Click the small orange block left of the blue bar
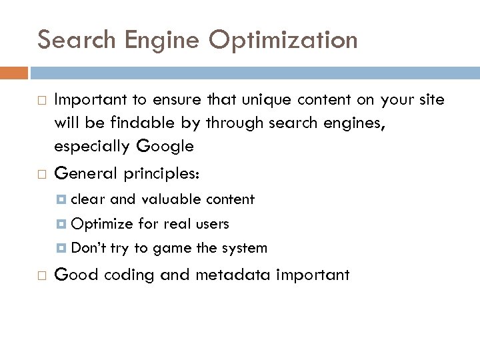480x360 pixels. (x=14, y=72)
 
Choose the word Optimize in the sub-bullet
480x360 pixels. (x=101, y=224)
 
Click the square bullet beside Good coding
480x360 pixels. (x=41, y=275)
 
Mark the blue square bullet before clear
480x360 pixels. (x=62, y=199)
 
